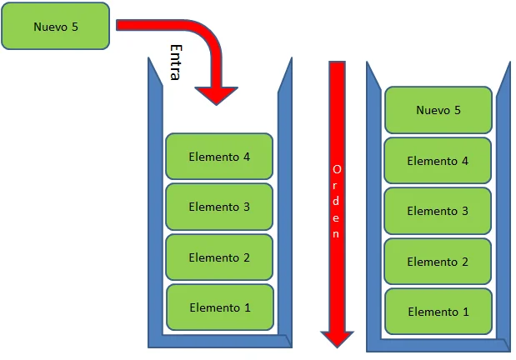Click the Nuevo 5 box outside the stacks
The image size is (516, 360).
[56, 27]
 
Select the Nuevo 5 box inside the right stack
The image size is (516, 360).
[438, 110]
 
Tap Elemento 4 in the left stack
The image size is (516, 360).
[219, 157]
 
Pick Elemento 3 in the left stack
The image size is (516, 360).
[219, 207]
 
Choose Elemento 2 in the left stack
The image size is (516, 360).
[219, 257]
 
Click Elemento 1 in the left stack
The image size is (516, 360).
[220, 307]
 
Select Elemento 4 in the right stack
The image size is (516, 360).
[438, 161]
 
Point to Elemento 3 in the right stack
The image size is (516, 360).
[438, 211]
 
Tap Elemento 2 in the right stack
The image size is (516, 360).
[438, 262]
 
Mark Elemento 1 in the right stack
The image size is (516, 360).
[438, 312]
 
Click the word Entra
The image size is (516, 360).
[176, 62]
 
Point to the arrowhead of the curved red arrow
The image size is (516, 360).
[216, 96]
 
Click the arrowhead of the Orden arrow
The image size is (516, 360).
[337, 339]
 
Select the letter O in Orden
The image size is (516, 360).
[337, 169]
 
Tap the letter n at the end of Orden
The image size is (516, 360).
[336, 233]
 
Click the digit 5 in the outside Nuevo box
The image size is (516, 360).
[75, 27]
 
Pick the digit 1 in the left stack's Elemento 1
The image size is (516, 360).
[247, 307]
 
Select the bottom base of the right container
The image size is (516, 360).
[438, 345]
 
